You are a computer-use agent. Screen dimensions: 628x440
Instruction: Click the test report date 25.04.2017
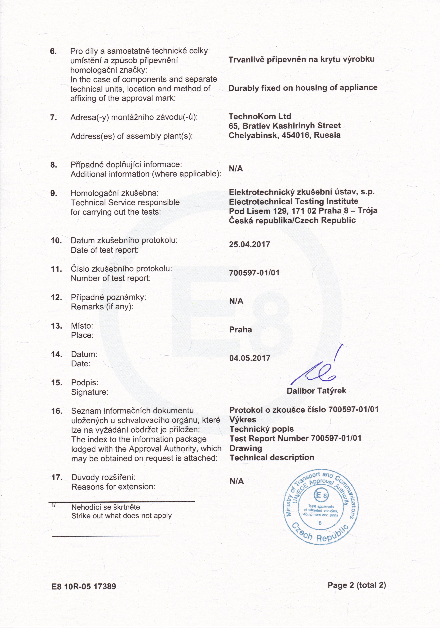pos(249,244)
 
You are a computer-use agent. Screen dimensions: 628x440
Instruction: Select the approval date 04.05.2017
pos(250,358)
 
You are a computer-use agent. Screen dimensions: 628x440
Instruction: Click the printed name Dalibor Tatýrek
pos(316,391)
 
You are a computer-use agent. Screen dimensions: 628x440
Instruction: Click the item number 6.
pos(53,51)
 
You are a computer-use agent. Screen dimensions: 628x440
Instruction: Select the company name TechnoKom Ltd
pos(260,116)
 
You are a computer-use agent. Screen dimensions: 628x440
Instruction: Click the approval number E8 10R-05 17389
pos(84,586)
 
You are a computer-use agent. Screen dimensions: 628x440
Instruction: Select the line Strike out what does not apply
pos(121,516)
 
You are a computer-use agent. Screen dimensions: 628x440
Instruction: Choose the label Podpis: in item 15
pos(85,382)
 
